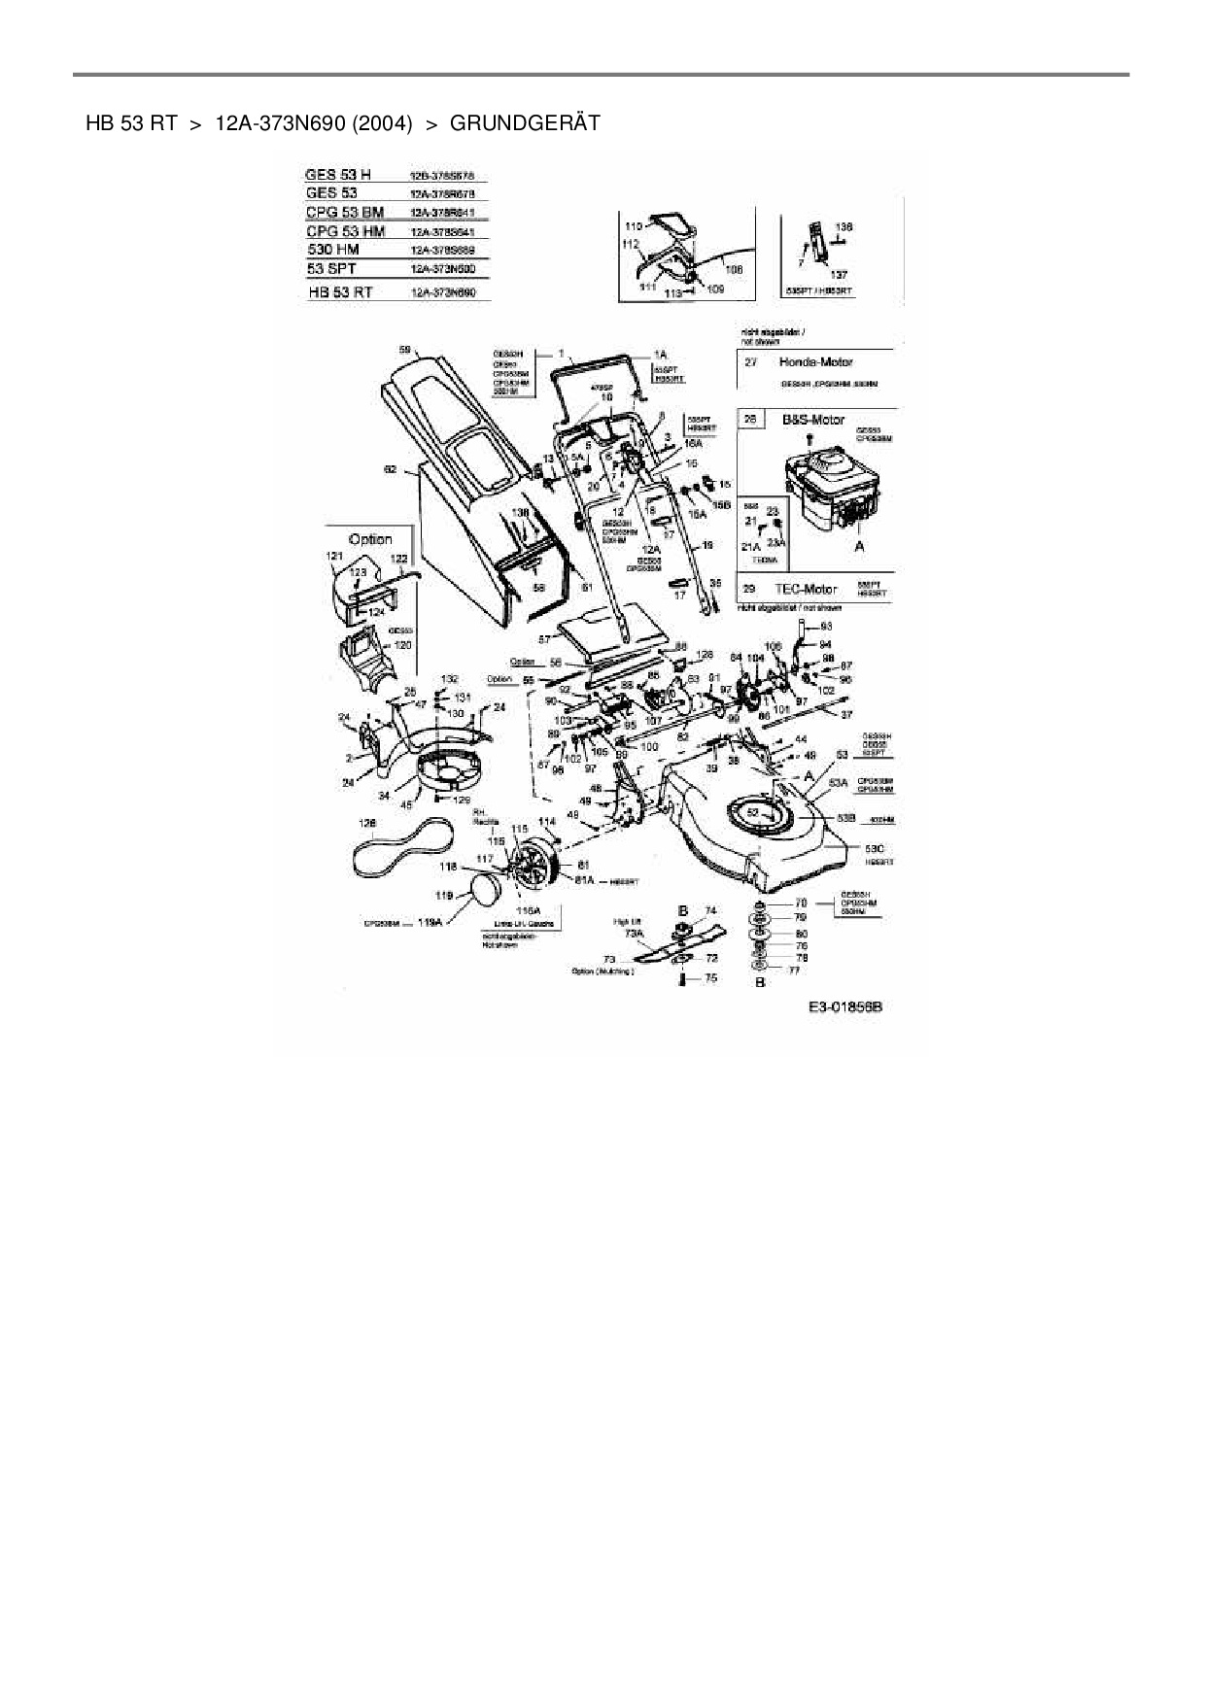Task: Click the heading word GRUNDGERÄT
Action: pos(525,123)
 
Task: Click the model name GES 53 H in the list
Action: pos(337,175)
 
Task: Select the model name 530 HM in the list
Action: pos(332,250)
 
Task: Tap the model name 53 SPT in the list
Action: pos(330,268)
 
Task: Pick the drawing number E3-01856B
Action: pos(844,1007)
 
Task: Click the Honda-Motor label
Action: pos(815,362)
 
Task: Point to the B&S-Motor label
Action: pos(812,420)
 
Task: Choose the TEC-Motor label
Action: pos(805,589)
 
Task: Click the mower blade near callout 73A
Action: pos(680,942)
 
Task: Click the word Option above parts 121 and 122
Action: pos(370,539)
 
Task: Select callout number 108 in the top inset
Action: pos(735,268)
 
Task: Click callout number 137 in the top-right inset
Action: pos(839,275)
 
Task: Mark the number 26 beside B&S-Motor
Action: pos(750,420)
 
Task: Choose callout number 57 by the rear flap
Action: pos(544,639)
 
